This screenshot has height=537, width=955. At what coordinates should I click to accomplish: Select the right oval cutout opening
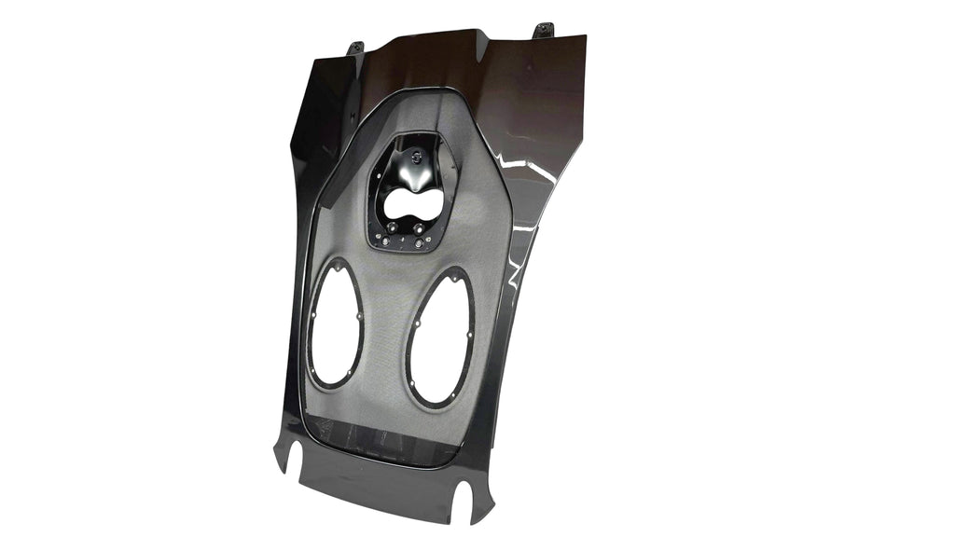tap(441, 336)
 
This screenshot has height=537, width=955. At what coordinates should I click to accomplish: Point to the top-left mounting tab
tap(355, 47)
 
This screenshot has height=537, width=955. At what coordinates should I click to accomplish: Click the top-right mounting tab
tap(544, 31)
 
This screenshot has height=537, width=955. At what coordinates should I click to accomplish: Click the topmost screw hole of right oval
tap(457, 271)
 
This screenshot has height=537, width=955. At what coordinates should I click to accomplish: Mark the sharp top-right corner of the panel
tap(585, 36)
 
